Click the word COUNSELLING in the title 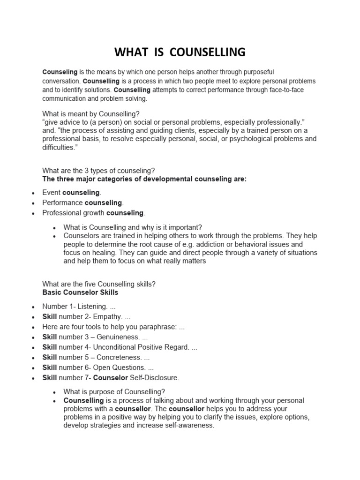[208, 52]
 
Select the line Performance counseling [82, 203]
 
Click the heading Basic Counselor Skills [80, 292]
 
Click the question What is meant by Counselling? [91, 114]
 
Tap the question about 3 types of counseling [98, 170]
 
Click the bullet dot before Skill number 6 [33, 368]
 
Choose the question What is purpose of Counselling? [114, 392]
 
